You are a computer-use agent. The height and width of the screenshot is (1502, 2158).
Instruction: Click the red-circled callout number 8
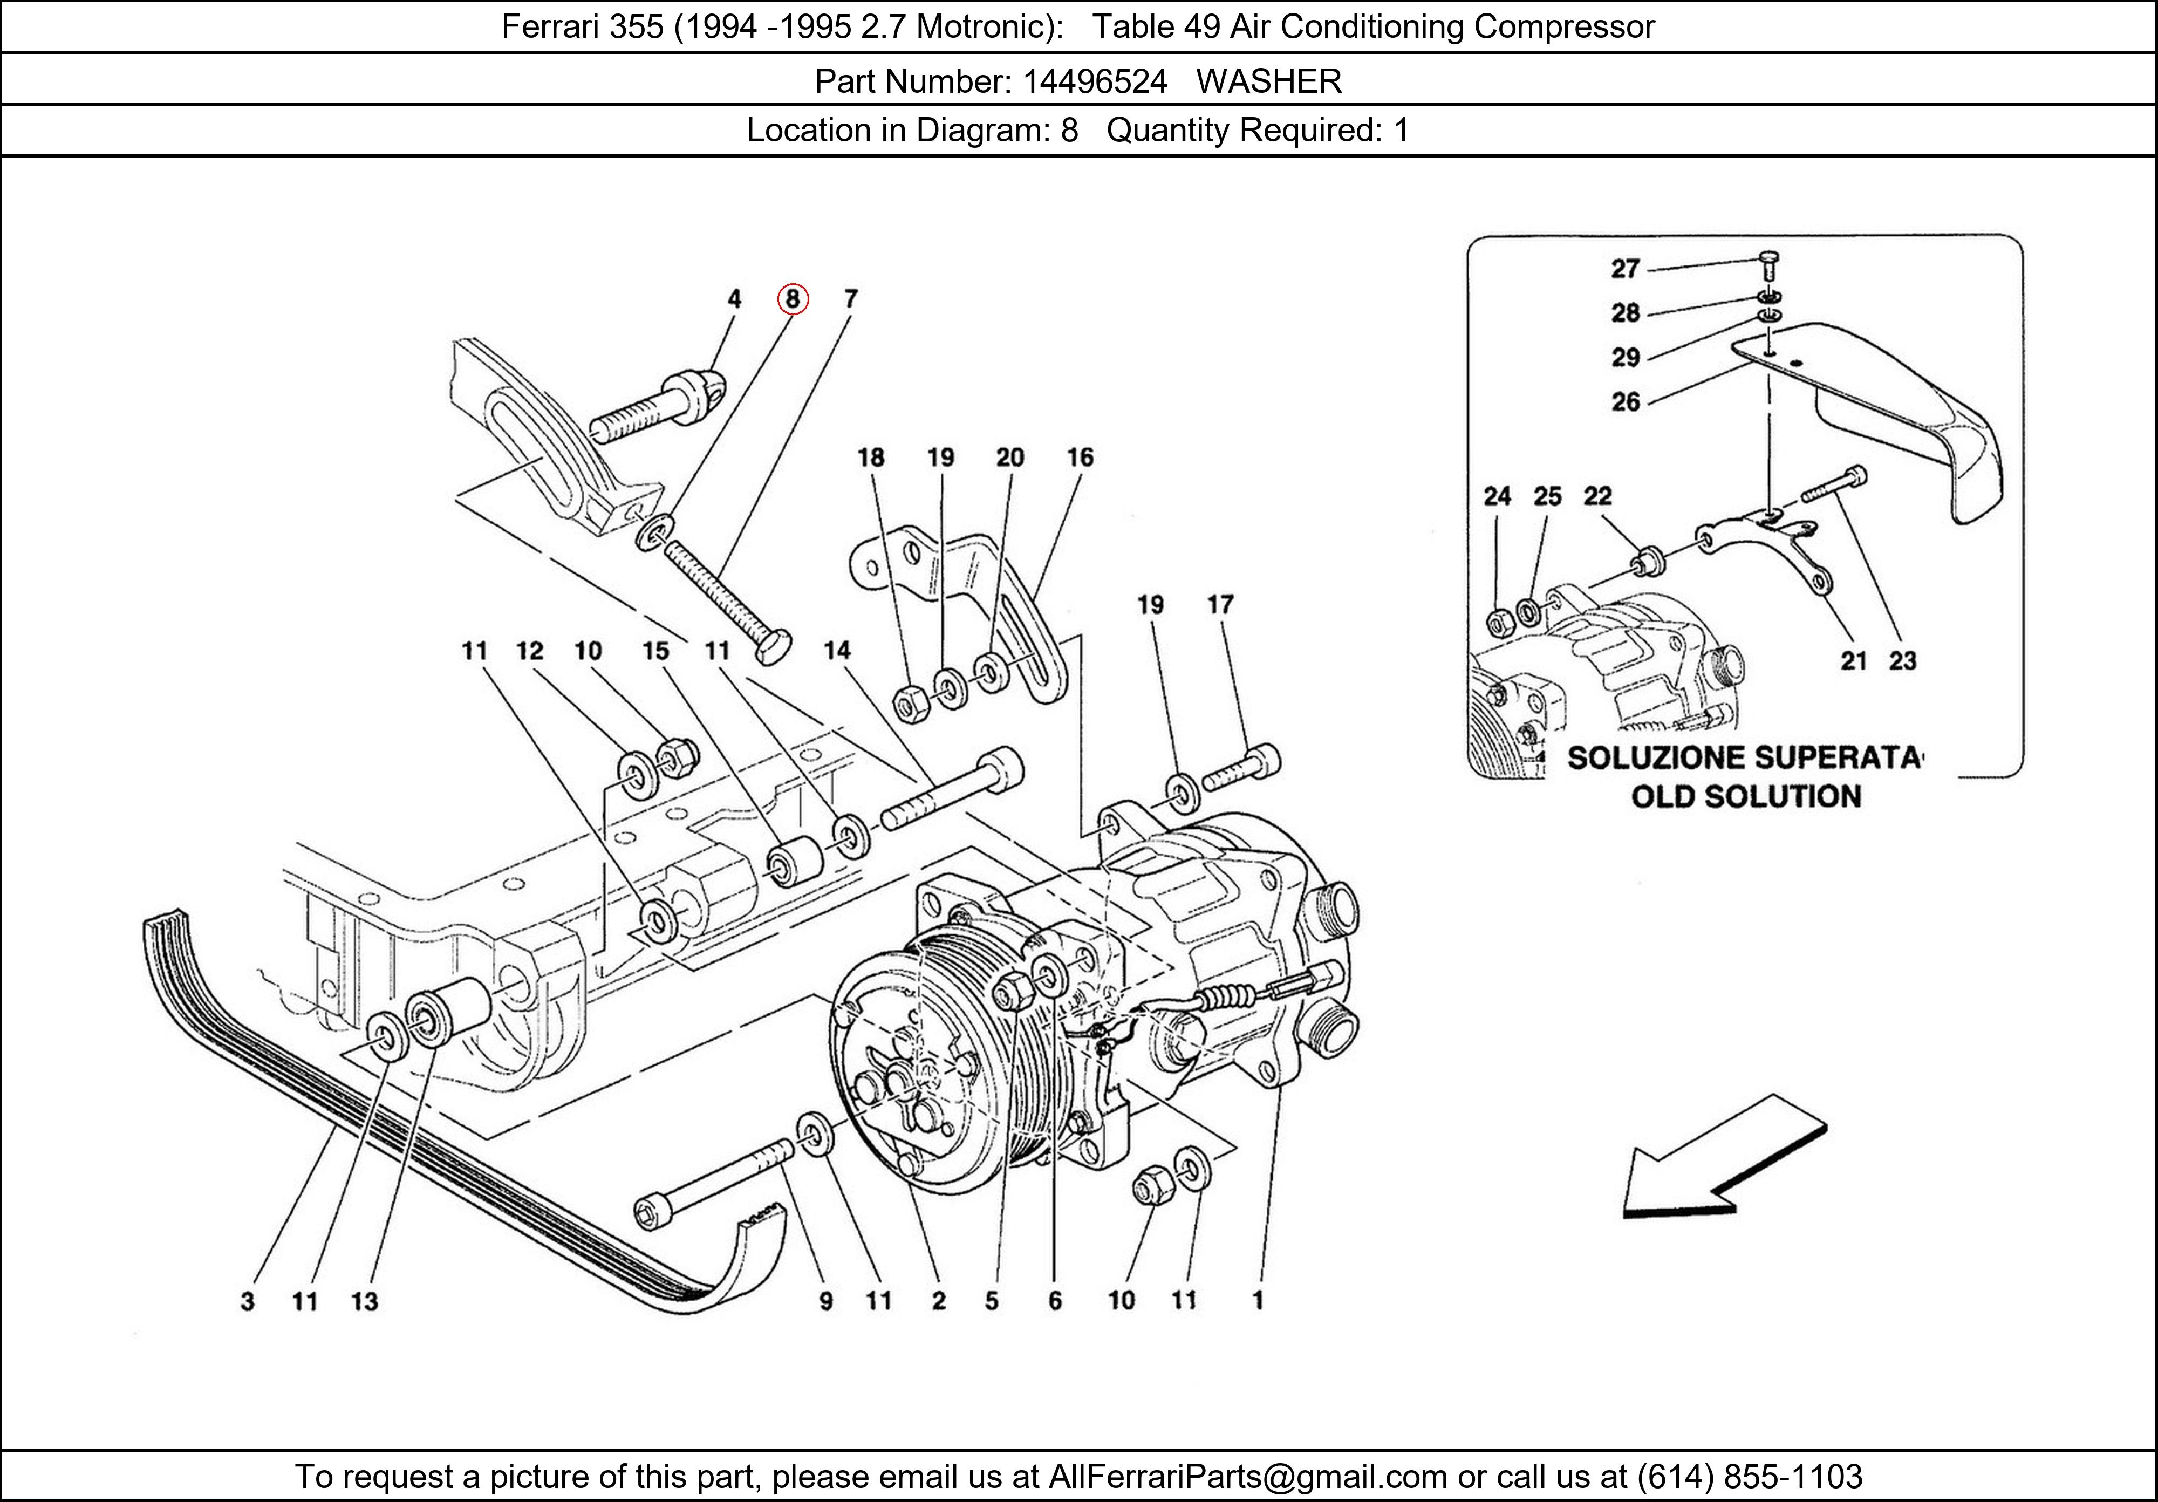click(793, 299)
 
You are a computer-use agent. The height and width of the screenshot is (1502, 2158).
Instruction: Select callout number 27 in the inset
click(1625, 269)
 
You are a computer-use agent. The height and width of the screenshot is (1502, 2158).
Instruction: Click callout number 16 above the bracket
click(1080, 458)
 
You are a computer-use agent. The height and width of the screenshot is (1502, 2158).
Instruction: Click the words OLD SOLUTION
click(1745, 797)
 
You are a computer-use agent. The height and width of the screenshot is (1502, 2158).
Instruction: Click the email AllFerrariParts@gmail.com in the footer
click(1247, 1477)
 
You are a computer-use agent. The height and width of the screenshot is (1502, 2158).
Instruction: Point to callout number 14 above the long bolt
click(837, 651)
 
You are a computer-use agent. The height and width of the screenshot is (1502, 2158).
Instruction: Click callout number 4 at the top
click(734, 299)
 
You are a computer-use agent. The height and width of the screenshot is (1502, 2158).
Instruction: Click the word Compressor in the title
click(1563, 26)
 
